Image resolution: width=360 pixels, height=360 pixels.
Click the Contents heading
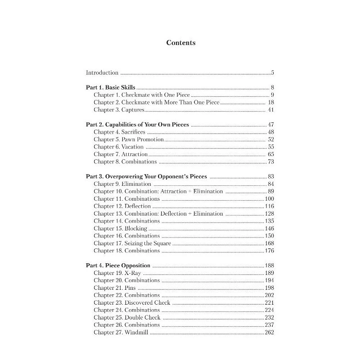pyautogui.click(x=181, y=43)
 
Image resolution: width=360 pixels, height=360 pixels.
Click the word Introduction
pyautogui.click(x=102, y=72)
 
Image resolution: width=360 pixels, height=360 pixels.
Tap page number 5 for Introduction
pyautogui.click(x=273, y=72)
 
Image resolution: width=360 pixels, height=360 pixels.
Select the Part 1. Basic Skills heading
pyautogui.click(x=110, y=87)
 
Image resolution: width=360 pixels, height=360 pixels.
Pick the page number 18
pyautogui.click(x=270, y=102)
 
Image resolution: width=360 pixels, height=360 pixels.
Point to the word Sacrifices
pyautogui.click(x=133, y=132)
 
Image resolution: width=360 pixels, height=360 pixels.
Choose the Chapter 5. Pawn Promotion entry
pyautogui.click(x=126, y=139)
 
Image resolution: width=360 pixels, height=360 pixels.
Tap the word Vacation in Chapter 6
pyautogui.click(x=132, y=147)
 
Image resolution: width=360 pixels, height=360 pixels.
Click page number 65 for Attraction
pyautogui.click(x=271, y=154)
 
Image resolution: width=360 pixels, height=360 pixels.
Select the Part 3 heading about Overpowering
pyautogui.click(x=146, y=176)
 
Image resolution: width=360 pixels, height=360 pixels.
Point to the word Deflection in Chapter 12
pyautogui.click(x=138, y=206)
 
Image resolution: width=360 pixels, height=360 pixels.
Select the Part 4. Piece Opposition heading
pyautogui.click(x=118, y=265)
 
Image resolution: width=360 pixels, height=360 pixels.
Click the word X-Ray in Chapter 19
pyautogui.click(x=133, y=273)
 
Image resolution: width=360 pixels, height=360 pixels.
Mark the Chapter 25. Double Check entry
pyautogui.click(x=129, y=317)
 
